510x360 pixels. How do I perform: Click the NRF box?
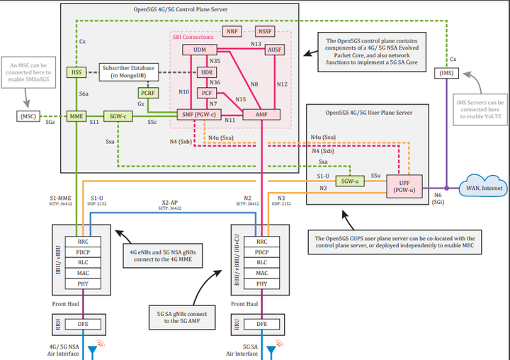(x=232, y=31)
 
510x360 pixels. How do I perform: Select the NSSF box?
(x=266, y=31)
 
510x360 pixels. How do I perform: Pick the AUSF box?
(x=275, y=50)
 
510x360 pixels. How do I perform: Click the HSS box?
(x=76, y=72)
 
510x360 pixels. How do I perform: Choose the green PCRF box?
(x=148, y=92)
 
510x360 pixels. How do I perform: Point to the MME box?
(x=76, y=116)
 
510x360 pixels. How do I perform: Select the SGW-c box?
(x=116, y=116)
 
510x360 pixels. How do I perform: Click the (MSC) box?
(x=29, y=116)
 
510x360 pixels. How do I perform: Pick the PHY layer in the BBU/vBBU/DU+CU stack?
(x=261, y=284)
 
